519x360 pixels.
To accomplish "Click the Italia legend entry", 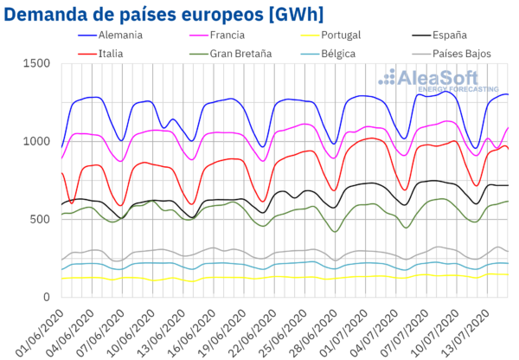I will pos(112,53).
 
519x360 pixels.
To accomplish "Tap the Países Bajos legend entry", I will pos(458,53).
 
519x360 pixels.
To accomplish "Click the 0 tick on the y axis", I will pos(48,296).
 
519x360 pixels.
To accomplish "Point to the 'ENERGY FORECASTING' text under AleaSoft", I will pos(456,90).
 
